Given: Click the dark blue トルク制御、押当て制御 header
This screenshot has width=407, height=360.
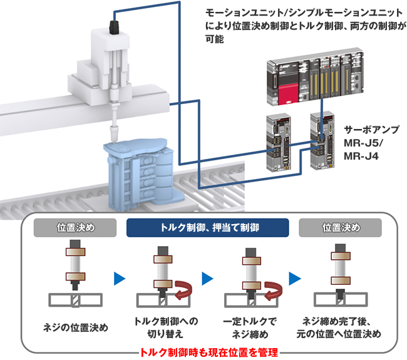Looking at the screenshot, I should (207, 227).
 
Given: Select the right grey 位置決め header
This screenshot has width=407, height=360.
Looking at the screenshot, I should (341, 227).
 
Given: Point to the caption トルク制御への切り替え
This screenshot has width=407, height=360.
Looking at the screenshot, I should (166, 327).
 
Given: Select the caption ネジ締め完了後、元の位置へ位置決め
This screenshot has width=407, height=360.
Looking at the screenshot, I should (341, 327).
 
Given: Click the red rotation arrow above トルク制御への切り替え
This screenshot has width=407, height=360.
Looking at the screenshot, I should (182, 290).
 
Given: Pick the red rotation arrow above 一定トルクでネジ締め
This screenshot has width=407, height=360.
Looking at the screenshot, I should (270, 290).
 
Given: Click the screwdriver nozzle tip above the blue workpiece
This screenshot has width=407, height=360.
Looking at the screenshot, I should (114, 133).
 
